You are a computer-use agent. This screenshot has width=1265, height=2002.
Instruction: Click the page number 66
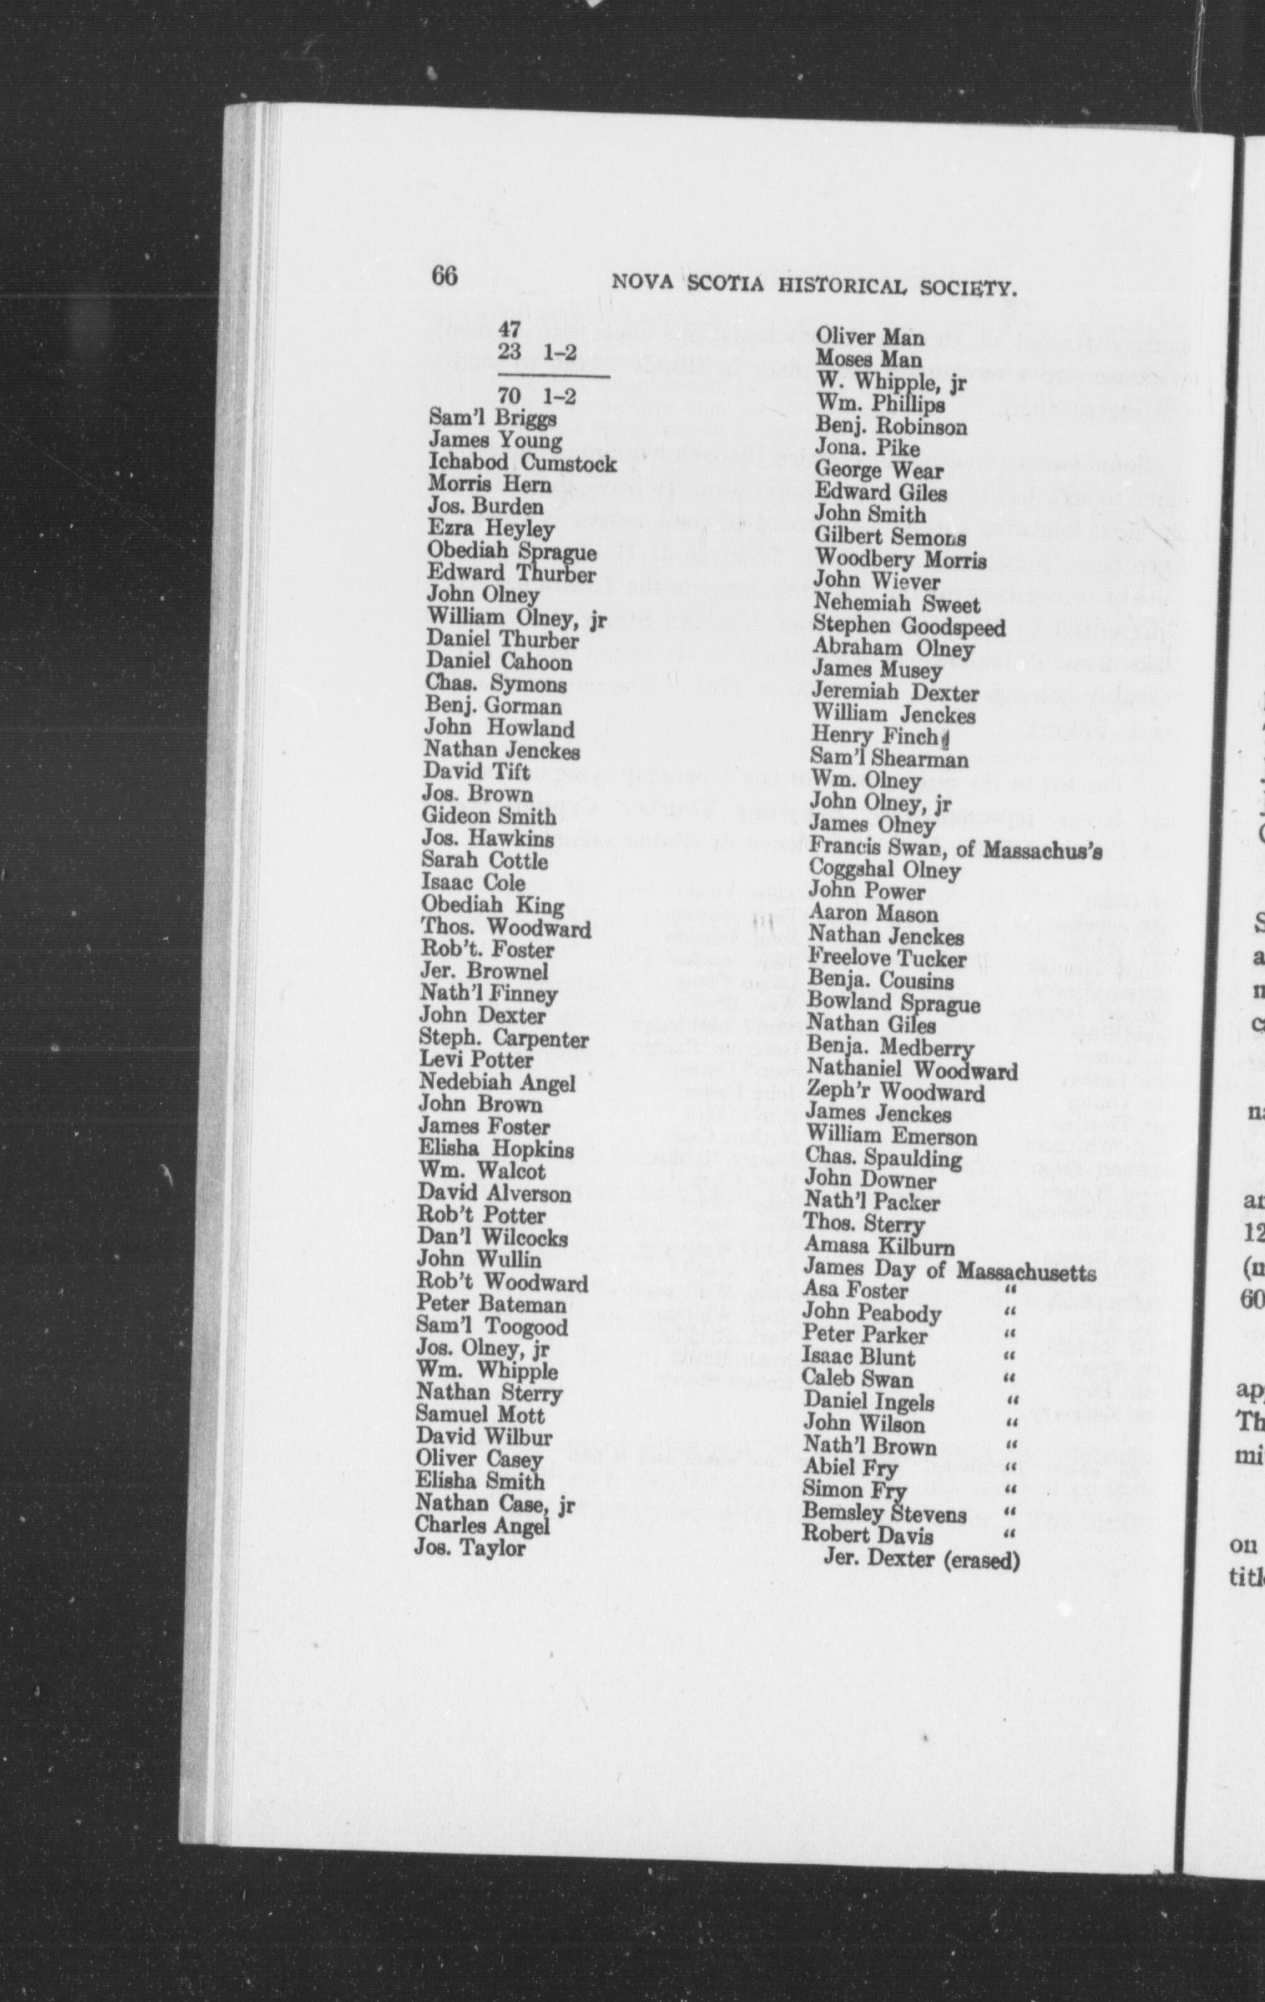pyautogui.click(x=444, y=275)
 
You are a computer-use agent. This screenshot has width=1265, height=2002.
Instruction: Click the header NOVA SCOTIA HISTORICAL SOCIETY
pyautogui.click(x=815, y=288)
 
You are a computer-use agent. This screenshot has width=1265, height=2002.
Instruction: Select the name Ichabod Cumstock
pyautogui.click(x=522, y=463)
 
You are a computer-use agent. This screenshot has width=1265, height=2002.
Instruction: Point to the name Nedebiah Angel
pyautogui.click(x=497, y=1083)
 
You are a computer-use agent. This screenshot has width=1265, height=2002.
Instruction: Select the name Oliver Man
pyautogui.click(x=869, y=337)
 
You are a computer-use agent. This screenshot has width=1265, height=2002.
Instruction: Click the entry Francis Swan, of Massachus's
pyautogui.click(x=956, y=848)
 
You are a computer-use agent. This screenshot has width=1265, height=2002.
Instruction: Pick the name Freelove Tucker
pyautogui.click(x=887, y=959)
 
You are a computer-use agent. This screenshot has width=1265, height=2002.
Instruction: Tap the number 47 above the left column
pyautogui.click(x=510, y=330)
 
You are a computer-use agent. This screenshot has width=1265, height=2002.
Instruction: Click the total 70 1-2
pyautogui.click(x=537, y=396)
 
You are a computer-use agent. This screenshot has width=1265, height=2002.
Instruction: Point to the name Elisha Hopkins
pyautogui.click(x=495, y=1149)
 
